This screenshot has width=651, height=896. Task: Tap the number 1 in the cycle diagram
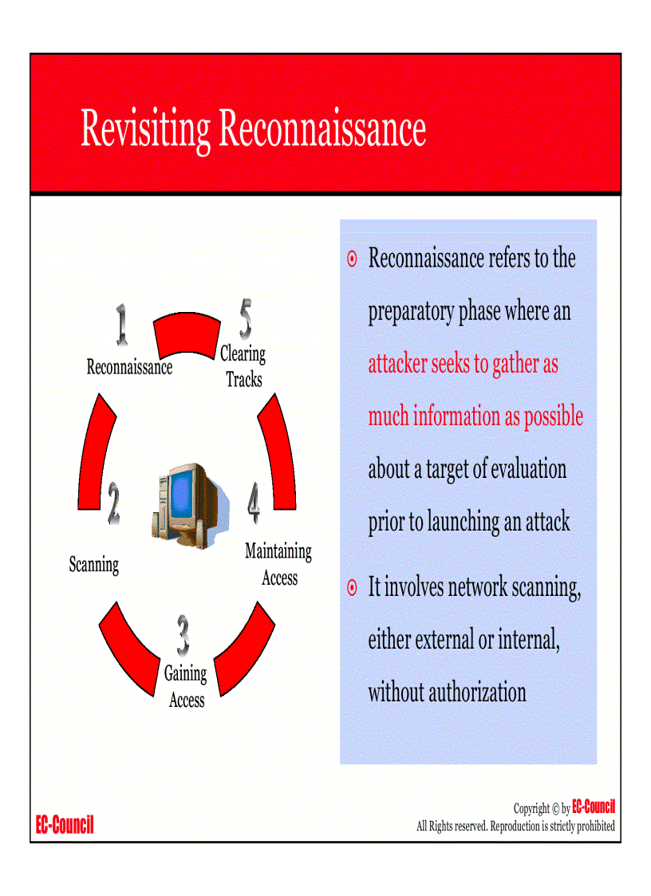point(121,326)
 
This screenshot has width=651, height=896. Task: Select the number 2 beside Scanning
point(114,505)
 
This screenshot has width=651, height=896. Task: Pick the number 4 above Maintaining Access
point(254,503)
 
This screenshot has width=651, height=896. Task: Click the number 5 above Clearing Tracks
point(246,318)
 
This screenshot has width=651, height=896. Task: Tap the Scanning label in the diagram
point(94,565)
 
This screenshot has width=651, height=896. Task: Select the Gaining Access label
point(186,687)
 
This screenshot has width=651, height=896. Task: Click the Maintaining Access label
point(278,564)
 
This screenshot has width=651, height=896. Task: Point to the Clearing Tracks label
point(243,366)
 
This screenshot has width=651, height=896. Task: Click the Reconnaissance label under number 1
point(129,367)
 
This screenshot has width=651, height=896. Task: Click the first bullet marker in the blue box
point(352,259)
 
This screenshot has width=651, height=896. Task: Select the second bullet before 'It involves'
point(352,589)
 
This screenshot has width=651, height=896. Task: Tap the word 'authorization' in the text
point(477,692)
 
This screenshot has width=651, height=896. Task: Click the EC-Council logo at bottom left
point(65,825)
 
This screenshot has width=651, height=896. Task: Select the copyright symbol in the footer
point(555,808)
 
